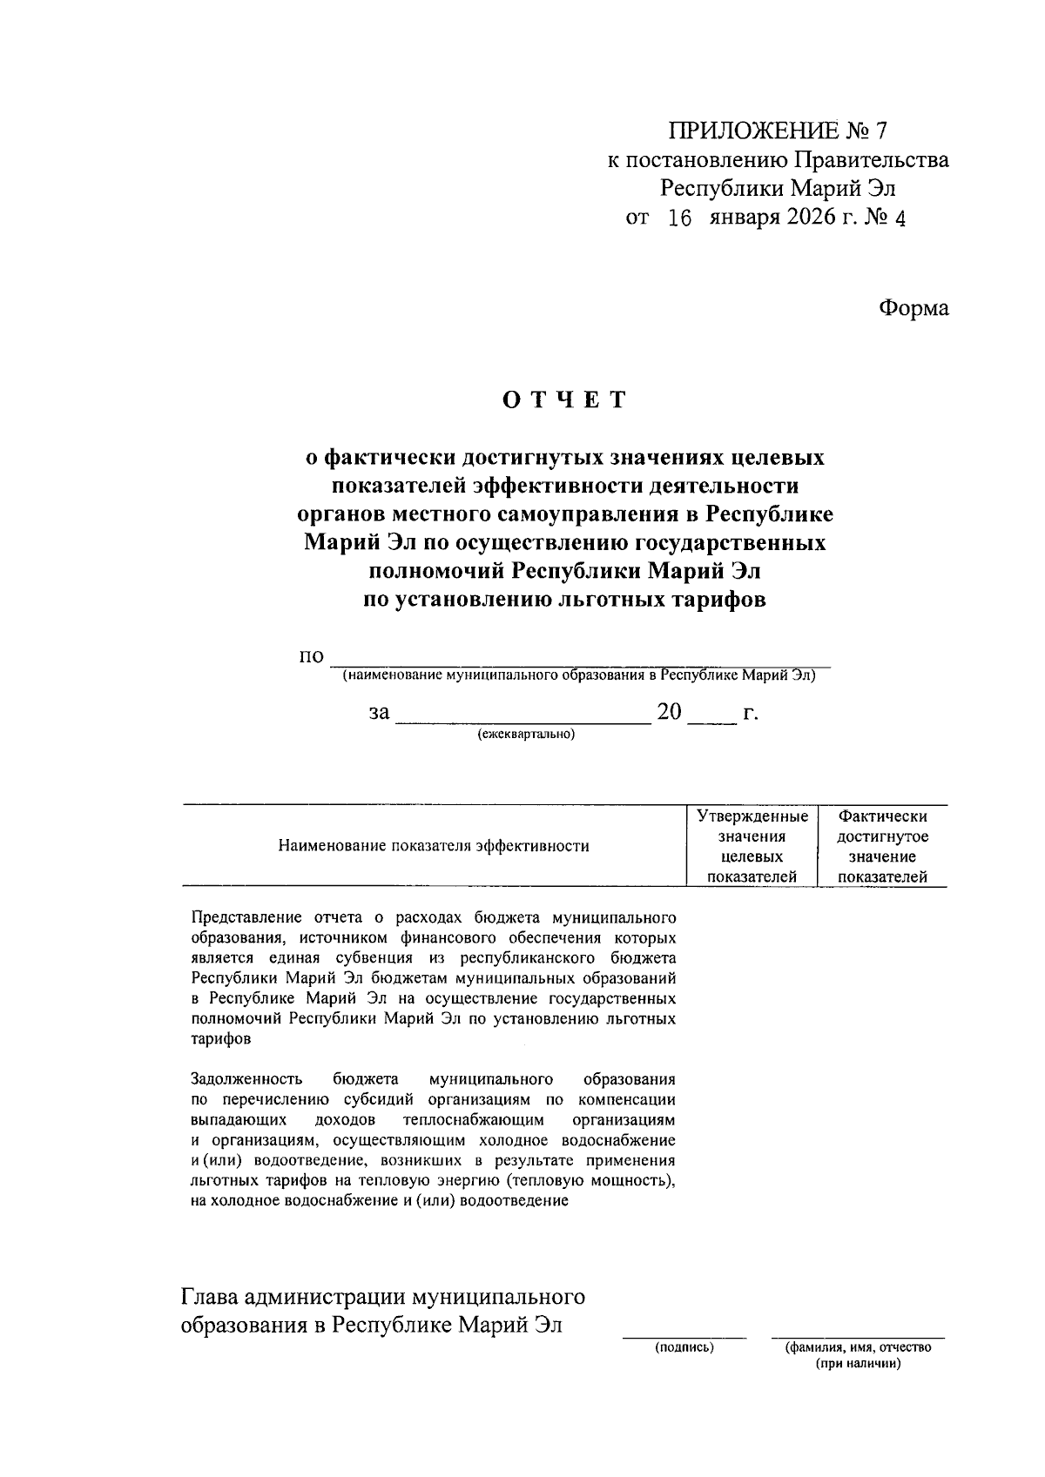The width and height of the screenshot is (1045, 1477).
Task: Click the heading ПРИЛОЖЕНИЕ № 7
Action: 778,131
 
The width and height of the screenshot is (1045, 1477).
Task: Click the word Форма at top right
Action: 913,308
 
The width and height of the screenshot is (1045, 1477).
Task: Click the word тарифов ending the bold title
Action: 716,600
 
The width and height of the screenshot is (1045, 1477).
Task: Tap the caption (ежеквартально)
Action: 525,735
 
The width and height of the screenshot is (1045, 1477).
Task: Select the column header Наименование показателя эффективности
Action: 433,846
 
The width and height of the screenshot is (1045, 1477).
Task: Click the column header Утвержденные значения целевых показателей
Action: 752,846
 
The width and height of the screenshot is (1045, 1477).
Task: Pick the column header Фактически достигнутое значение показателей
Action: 881,846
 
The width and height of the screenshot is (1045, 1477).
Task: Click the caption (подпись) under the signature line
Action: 684,1348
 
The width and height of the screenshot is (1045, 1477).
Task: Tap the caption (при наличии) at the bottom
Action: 857,1364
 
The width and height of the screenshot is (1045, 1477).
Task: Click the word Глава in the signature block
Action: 209,1298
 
